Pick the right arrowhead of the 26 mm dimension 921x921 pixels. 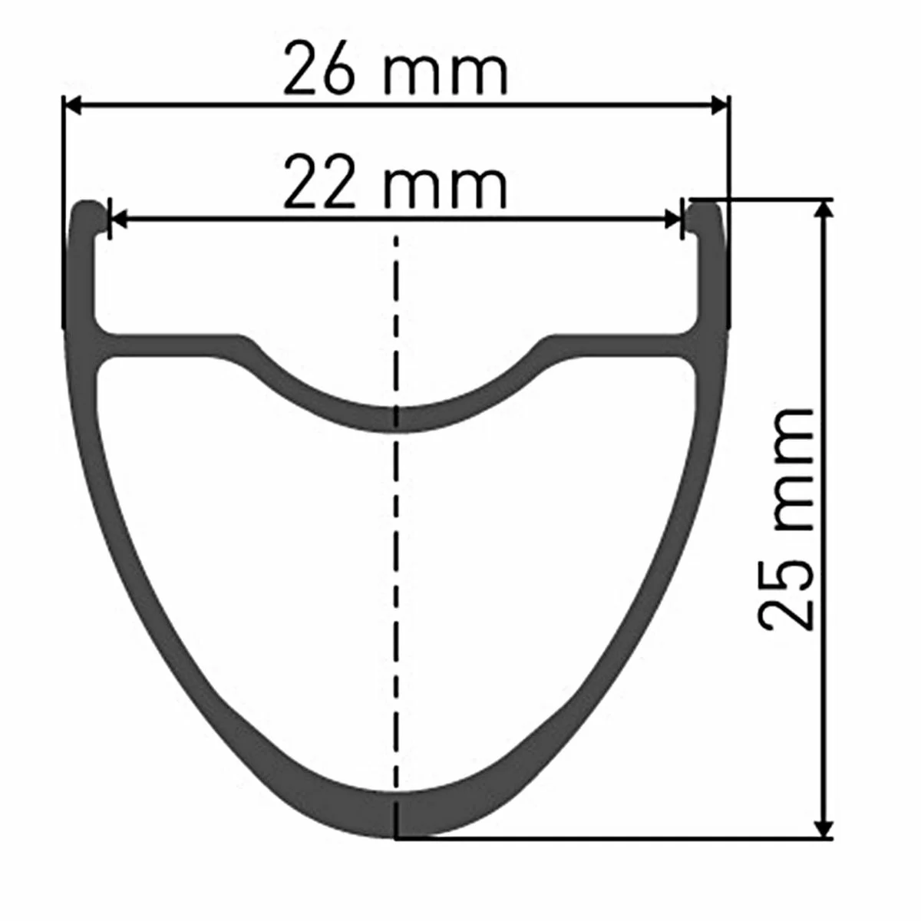tap(719, 106)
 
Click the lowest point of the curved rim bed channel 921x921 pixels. tap(396, 419)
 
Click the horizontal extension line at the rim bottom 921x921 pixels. tap(614, 838)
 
